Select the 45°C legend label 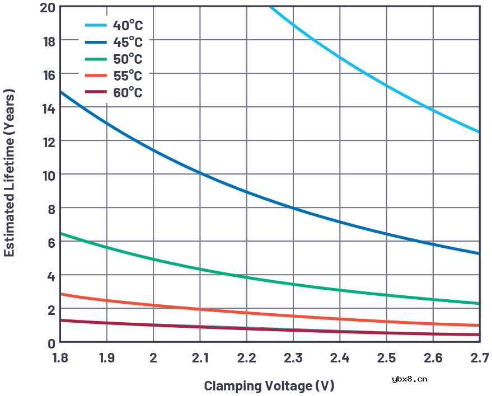(128, 42)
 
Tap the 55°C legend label (128, 76)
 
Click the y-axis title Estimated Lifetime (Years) (10, 173)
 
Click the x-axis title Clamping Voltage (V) (269, 385)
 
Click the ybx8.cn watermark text (410, 379)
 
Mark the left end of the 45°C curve (60, 91)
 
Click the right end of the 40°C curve (479, 132)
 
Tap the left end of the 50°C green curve (60, 233)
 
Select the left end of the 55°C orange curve (60, 294)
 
